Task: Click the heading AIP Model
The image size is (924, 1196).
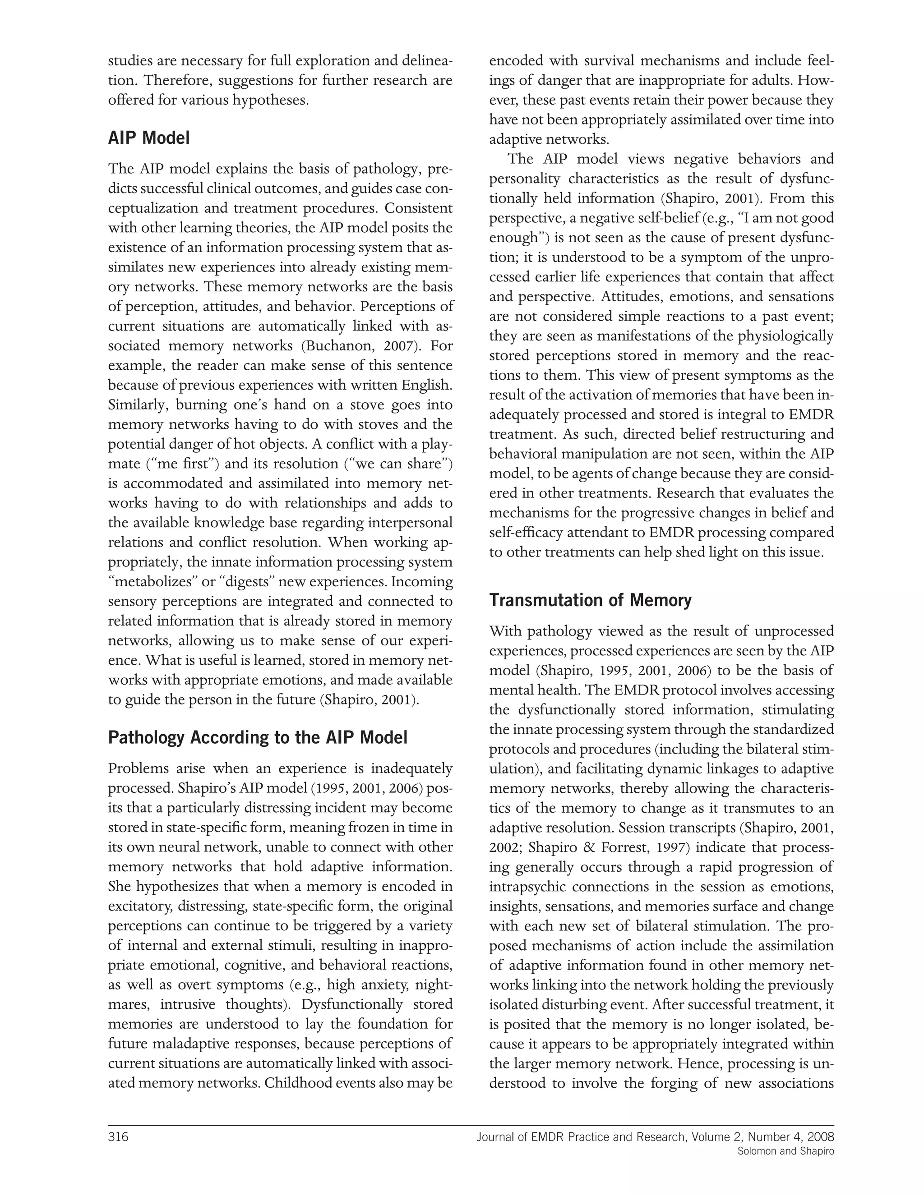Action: tap(149, 138)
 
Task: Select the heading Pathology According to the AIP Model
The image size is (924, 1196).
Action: tap(258, 738)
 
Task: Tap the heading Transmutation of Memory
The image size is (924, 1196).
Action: tap(590, 600)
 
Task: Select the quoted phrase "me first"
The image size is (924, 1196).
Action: tap(183, 464)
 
